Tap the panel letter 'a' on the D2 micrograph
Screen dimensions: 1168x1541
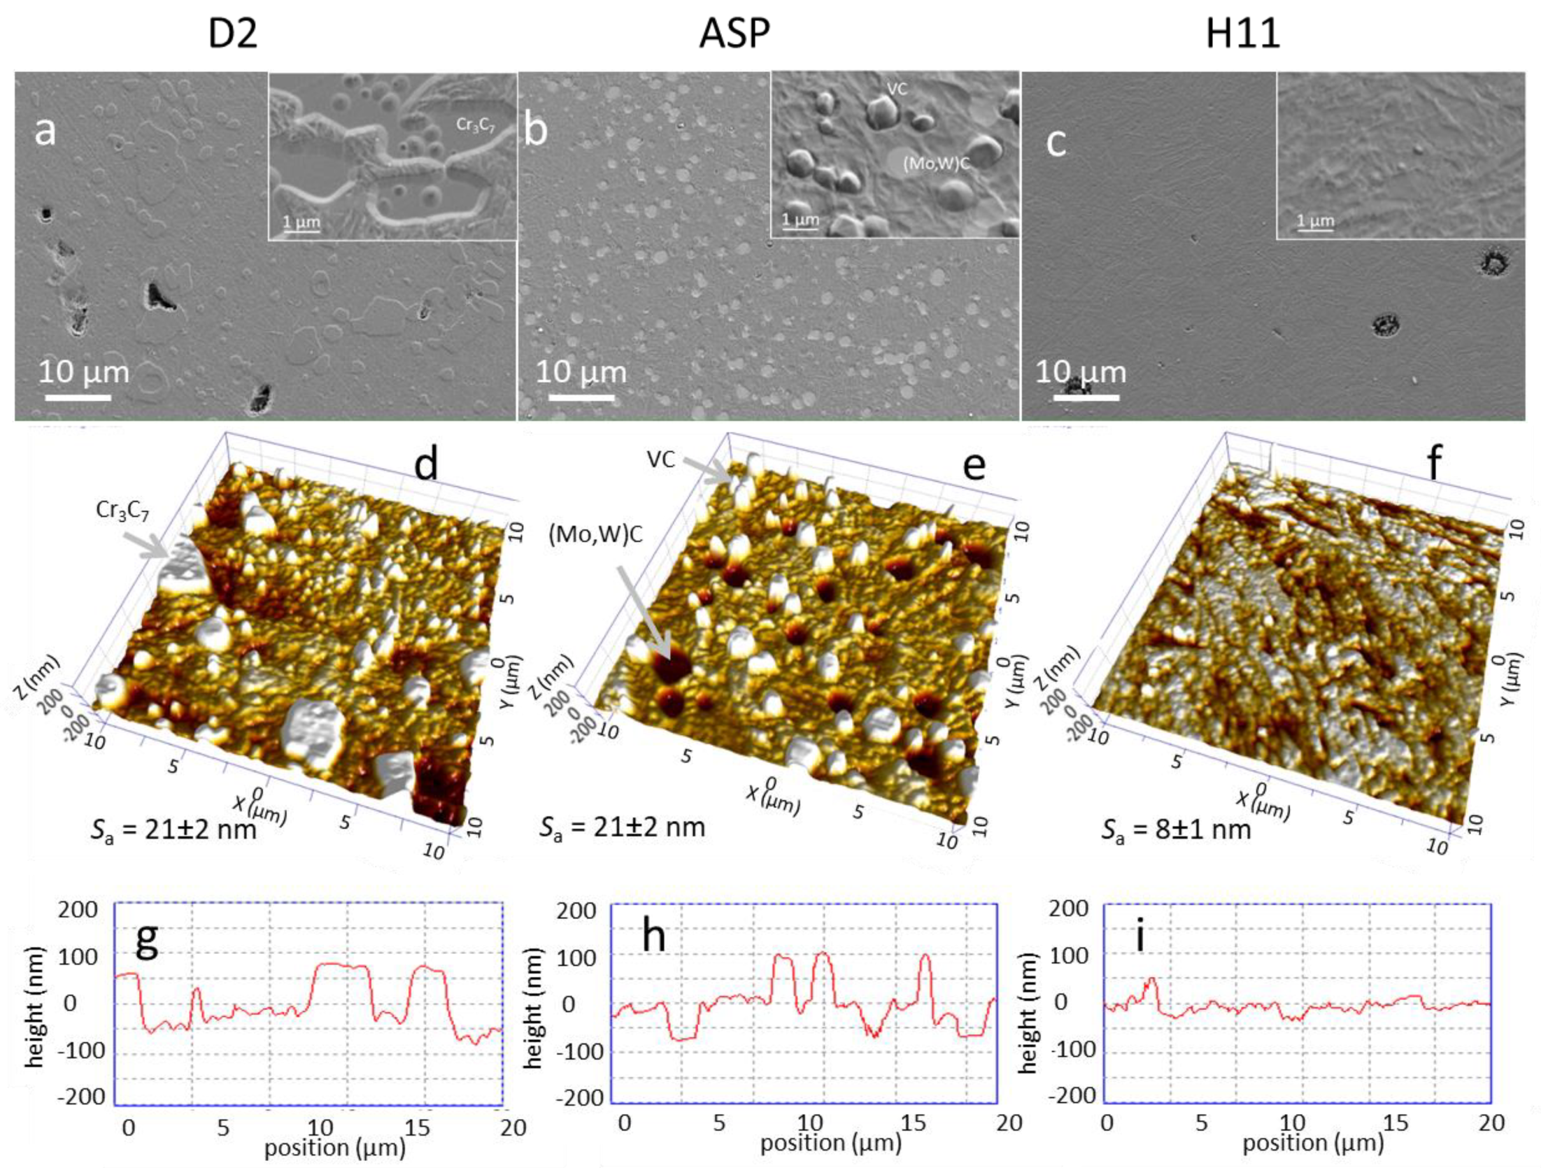(45, 130)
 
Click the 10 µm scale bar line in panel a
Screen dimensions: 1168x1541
(78, 397)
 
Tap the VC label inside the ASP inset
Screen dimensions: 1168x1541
(897, 89)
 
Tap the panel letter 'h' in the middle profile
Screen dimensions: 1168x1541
(654, 936)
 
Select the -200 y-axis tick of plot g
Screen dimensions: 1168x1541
(81, 1096)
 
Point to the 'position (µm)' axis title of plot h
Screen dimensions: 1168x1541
(830, 1143)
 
